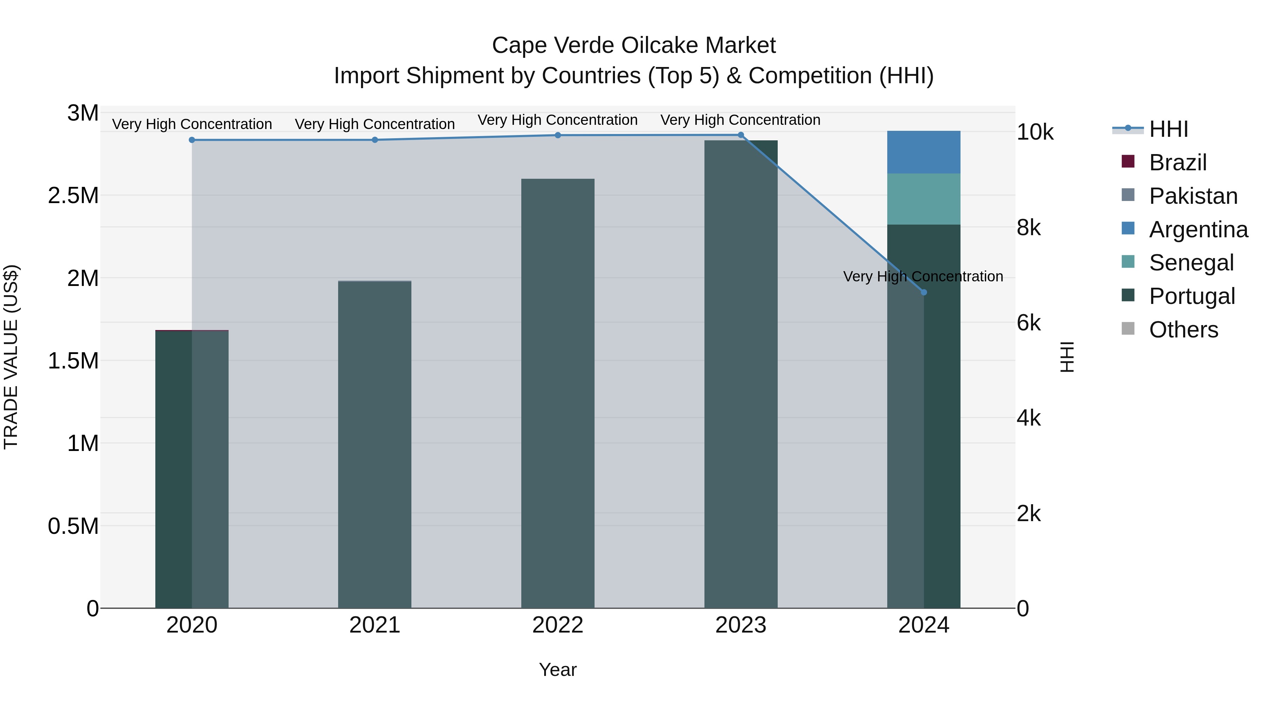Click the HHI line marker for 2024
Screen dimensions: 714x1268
point(924,292)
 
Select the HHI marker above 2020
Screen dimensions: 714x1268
point(192,140)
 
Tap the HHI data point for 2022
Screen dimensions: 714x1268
point(558,135)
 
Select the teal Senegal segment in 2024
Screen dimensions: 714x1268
point(924,199)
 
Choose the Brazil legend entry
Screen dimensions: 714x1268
point(1177,163)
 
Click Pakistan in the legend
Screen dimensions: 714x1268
point(1193,196)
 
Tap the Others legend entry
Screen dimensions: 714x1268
point(1183,330)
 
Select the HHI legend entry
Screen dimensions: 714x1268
point(1168,129)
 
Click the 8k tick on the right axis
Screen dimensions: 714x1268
point(1029,228)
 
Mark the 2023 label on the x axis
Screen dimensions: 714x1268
point(740,625)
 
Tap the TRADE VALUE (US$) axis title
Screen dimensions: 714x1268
point(11,357)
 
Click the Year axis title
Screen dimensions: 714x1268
point(558,670)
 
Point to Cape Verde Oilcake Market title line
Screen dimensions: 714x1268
point(634,45)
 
